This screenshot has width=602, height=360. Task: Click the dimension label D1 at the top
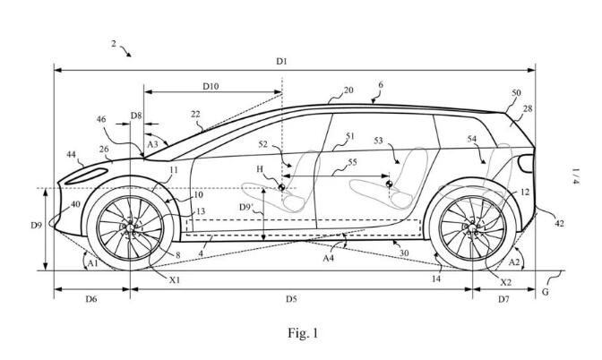tap(281, 61)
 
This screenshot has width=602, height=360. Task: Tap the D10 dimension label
tap(211, 86)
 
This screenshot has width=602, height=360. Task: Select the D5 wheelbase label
tap(292, 299)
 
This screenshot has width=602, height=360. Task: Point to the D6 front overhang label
tap(91, 299)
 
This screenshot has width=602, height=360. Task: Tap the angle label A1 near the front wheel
tap(91, 264)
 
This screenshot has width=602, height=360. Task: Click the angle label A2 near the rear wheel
tap(514, 262)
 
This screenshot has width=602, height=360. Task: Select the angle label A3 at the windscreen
tap(153, 143)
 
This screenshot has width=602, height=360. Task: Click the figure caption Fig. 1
tap(302, 334)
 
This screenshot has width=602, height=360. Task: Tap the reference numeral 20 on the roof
tap(348, 90)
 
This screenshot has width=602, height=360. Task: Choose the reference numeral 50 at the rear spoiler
tap(516, 93)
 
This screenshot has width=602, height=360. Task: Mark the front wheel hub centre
tap(130, 228)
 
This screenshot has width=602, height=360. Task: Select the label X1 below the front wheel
tap(174, 279)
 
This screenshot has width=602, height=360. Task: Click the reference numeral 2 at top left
tap(115, 42)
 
